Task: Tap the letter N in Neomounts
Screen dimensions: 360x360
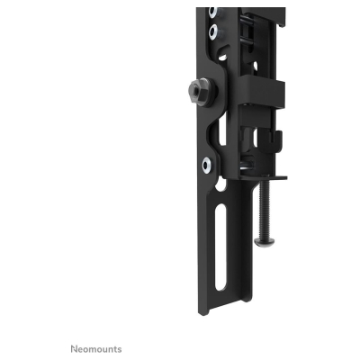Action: pos(73,348)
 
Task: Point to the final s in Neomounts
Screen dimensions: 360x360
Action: pos(119,348)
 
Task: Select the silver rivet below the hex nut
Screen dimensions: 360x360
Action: pos(207,164)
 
